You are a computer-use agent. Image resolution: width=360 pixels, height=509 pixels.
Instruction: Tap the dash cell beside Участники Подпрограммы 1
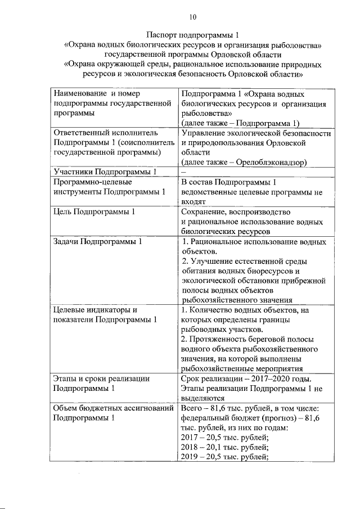(x=183, y=172)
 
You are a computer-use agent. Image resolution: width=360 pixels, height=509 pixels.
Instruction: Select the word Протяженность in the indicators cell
(x=223, y=339)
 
